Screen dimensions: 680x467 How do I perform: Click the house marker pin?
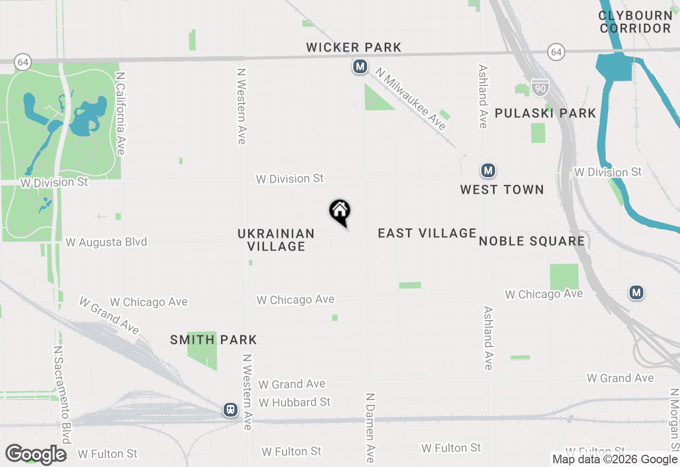(340, 212)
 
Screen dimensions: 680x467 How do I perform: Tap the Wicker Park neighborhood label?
(354, 48)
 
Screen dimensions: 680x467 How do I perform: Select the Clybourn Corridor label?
(636, 22)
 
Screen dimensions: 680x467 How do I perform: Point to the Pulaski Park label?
(546, 113)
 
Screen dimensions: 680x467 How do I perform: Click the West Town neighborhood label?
(502, 189)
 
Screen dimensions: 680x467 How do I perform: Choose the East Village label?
(427, 233)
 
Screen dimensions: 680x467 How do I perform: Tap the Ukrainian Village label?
(276, 240)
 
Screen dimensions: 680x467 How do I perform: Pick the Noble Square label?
(532, 241)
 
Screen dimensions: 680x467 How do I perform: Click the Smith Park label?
(214, 340)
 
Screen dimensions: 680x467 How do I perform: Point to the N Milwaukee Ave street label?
(411, 99)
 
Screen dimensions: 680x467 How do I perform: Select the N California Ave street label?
(121, 114)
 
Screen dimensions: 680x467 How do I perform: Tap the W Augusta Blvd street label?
(106, 243)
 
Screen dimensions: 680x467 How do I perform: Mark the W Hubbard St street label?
(295, 402)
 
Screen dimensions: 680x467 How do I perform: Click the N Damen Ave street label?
(370, 428)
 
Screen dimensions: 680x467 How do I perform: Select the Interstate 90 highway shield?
(540, 88)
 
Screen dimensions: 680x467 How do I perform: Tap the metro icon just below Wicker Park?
(360, 67)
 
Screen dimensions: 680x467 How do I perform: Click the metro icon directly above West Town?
(488, 171)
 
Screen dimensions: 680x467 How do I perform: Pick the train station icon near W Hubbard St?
(231, 410)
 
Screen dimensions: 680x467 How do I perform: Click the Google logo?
(36, 455)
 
